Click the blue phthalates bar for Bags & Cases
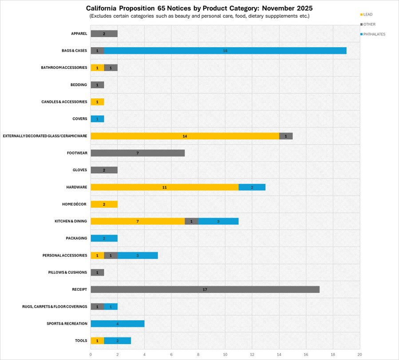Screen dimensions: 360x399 (225, 51)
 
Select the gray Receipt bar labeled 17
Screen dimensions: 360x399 (205, 289)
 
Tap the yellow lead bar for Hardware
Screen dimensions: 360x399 (164, 187)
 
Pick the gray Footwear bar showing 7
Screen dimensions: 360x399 (138, 153)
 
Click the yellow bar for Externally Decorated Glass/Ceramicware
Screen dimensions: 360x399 (185, 136)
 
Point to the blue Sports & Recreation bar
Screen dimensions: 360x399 (117, 324)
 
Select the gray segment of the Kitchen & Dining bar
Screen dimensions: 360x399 (191, 221)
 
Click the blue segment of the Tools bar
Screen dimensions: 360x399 (117, 340)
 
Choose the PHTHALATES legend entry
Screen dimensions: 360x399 (374, 34)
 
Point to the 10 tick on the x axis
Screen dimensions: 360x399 (225, 354)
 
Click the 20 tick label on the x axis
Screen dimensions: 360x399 (359, 354)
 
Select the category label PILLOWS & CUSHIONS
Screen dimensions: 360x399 (67, 272)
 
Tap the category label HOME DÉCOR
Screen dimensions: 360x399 (74, 204)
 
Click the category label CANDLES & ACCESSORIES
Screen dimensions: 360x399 (64, 102)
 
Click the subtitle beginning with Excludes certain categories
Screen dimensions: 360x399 (199, 16)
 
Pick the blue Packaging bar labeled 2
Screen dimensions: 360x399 (104, 238)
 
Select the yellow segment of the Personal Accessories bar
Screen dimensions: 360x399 (97, 255)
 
